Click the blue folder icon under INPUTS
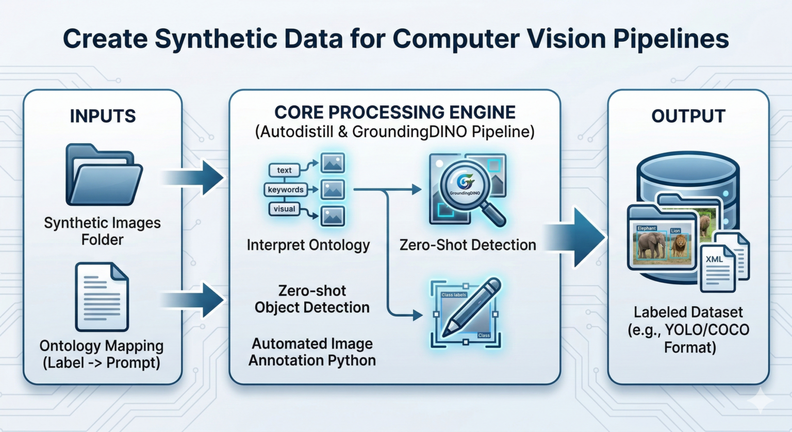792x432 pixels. tap(104, 175)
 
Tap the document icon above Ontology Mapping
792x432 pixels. tap(102, 297)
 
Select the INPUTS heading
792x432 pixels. tap(103, 116)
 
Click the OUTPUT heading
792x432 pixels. tap(688, 116)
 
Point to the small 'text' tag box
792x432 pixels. tap(284, 170)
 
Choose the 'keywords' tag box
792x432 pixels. tap(286, 190)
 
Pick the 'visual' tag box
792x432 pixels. tap(284, 209)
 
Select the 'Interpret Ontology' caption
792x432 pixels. tap(308, 245)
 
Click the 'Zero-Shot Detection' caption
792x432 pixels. tap(468, 245)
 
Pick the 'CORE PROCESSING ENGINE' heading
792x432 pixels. tap(394, 112)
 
